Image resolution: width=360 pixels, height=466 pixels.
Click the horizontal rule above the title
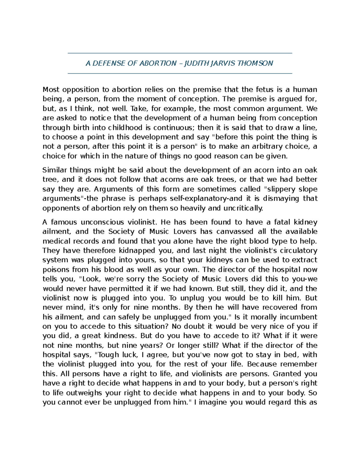pyautogui.click(x=180, y=53)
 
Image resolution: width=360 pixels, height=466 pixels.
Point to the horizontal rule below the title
pyautogui.click(x=180, y=73)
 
